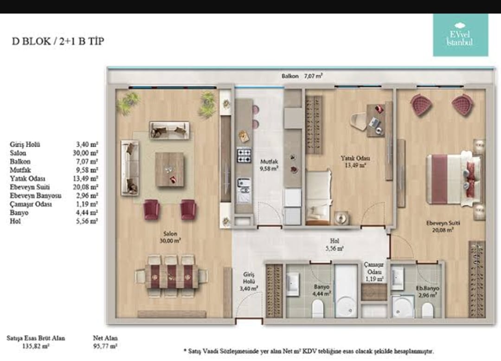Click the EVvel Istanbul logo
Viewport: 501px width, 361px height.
point(461,35)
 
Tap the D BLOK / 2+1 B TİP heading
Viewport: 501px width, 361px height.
point(58,41)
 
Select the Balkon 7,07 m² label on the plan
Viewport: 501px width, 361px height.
point(302,76)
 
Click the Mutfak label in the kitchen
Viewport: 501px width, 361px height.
point(269,161)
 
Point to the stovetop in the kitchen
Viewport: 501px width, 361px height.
point(244,155)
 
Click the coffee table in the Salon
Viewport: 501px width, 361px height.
point(170,169)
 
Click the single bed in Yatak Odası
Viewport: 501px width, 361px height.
point(318,197)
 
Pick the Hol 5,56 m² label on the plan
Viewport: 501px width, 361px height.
point(334,245)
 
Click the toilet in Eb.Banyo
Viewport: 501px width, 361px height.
point(427,310)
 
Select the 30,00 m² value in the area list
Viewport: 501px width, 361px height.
point(85,153)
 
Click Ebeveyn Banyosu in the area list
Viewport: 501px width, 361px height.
point(35,195)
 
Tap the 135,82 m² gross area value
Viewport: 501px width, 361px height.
point(35,346)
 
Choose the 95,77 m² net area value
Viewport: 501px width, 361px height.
point(105,346)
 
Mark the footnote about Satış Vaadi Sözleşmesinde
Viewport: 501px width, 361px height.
point(308,351)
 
